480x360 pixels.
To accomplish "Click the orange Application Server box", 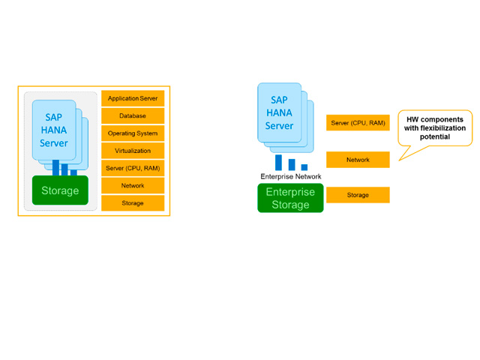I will pyautogui.click(x=133, y=98).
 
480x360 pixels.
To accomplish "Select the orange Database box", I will pyautogui.click(x=133, y=116).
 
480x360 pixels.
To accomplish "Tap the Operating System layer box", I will pyautogui.click(x=133, y=133).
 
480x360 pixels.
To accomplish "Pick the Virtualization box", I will pyautogui.click(x=133, y=151).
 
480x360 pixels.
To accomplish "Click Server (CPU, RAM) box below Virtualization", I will pyautogui.click(x=133, y=168).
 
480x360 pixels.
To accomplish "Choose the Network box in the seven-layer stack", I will pyautogui.click(x=133, y=185).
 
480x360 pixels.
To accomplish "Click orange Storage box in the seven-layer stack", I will pyautogui.click(x=133, y=202).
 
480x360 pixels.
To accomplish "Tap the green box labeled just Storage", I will pyautogui.click(x=60, y=190).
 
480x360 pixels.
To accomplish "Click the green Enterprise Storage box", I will pyautogui.click(x=290, y=198).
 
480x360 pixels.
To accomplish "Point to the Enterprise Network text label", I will pyautogui.click(x=290, y=176).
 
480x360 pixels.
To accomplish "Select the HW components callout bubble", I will pyautogui.click(x=435, y=128).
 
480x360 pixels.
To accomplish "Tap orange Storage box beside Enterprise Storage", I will pyautogui.click(x=358, y=195).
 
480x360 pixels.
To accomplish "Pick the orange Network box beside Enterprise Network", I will pyautogui.click(x=358, y=160).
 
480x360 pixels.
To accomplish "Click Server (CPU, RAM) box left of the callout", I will pyautogui.click(x=358, y=122).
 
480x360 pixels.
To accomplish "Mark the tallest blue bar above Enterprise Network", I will pyautogui.click(x=279, y=162).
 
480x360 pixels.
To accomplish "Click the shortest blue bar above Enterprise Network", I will pyautogui.click(x=304, y=167).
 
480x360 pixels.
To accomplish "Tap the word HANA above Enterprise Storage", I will pyautogui.click(x=279, y=112).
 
